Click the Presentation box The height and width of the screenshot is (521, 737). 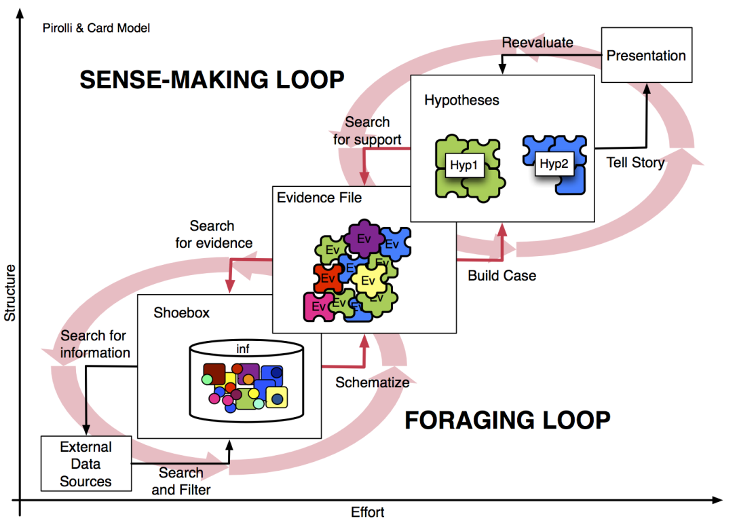click(x=646, y=56)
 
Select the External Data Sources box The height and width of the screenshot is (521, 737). click(x=86, y=465)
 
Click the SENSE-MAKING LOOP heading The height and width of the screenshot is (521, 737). click(x=212, y=79)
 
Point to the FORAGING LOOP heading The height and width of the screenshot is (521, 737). click(x=508, y=420)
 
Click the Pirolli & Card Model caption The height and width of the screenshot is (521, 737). click(x=96, y=28)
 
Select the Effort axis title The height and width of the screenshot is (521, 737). click(x=368, y=511)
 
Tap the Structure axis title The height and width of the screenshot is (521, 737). click(x=10, y=293)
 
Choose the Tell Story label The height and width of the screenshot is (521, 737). click(x=635, y=163)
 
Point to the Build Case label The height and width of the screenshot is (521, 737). click(x=502, y=276)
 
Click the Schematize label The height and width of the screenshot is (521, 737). click(x=373, y=382)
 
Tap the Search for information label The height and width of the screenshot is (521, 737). click(x=95, y=344)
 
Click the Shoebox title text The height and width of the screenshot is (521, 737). click(x=181, y=313)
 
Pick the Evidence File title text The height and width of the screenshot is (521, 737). click(x=320, y=198)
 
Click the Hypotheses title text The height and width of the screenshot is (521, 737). click(x=461, y=101)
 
